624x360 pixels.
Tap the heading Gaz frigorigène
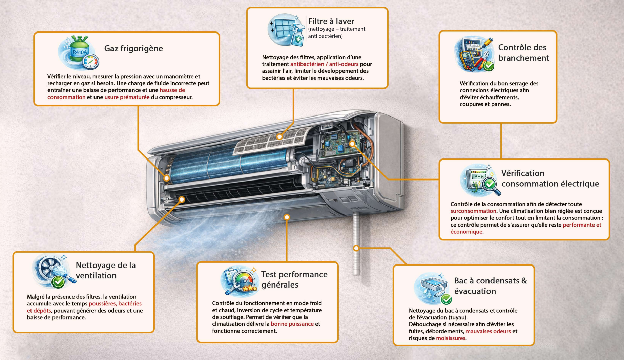click(133, 48)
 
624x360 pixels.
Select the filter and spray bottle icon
click(286, 30)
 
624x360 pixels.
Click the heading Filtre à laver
click(331, 21)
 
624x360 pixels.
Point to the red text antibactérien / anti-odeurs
click(324, 64)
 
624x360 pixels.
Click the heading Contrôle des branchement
click(523, 52)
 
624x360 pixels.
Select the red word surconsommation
click(473, 211)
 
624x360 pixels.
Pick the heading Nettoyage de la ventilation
click(106, 270)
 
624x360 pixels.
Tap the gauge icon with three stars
click(239, 280)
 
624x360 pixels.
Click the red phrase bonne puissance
click(292, 324)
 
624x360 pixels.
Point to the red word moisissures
click(451, 338)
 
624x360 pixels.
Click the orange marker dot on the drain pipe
click(356, 248)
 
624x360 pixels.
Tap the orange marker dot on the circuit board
click(352, 144)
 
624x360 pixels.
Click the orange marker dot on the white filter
click(279, 136)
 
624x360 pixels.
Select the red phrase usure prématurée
click(127, 97)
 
